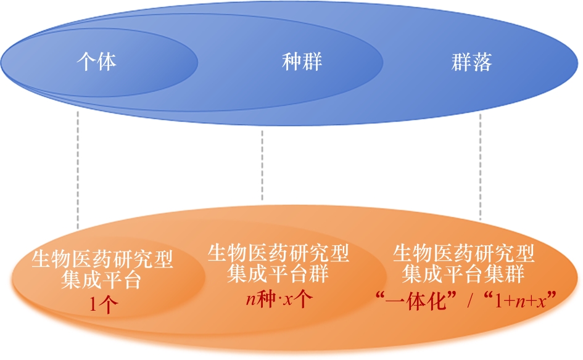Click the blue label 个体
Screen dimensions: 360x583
(x=97, y=62)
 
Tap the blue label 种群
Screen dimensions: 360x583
(x=302, y=62)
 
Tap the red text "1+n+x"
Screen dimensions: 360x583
(x=521, y=300)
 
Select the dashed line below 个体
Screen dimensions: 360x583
(x=78, y=170)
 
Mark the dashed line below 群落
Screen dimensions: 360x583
(x=480, y=166)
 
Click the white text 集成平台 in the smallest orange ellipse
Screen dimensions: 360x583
(x=102, y=280)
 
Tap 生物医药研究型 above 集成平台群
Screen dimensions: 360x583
(x=278, y=252)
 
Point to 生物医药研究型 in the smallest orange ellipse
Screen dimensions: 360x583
(x=102, y=260)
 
